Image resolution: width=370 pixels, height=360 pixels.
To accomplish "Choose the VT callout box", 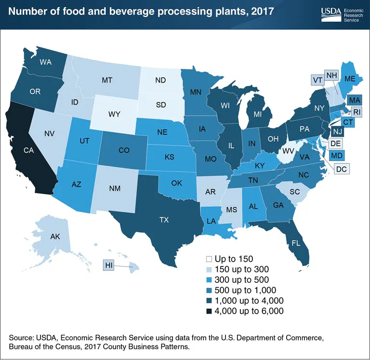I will click(x=317, y=80).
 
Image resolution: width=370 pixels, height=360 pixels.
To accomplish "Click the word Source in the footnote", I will click(x=22, y=336).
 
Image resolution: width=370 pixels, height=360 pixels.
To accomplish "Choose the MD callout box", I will click(x=337, y=156).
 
